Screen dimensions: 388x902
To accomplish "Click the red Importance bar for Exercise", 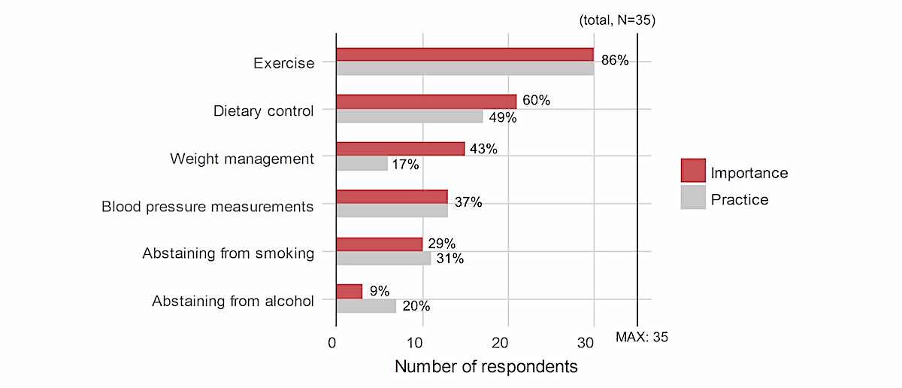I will click(x=465, y=54).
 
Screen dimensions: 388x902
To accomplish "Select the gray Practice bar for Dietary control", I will click(x=410, y=116).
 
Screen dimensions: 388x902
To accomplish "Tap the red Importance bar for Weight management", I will click(x=400, y=149).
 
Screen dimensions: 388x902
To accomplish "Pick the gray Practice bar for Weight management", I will click(x=362, y=163).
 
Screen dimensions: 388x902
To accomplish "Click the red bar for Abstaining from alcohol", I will click(x=349, y=291).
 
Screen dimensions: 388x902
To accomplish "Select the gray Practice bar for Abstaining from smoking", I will click(x=383, y=259).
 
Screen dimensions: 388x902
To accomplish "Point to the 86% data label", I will click(x=614, y=61).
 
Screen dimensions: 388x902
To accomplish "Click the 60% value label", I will click(x=536, y=101).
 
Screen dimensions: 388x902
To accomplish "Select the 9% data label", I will click(x=380, y=291).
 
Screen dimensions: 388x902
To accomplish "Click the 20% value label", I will click(x=415, y=307).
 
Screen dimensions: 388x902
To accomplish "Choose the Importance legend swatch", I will click(x=693, y=171).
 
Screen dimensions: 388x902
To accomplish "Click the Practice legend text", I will click(x=739, y=199).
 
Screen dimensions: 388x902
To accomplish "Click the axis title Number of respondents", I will click(x=486, y=367).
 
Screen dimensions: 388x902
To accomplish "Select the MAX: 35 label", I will click(x=641, y=337).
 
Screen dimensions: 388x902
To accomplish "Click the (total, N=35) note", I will click(x=617, y=21).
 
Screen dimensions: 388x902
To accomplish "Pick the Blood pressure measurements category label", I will click(x=207, y=206).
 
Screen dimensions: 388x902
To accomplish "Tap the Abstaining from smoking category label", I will click(x=228, y=253).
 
